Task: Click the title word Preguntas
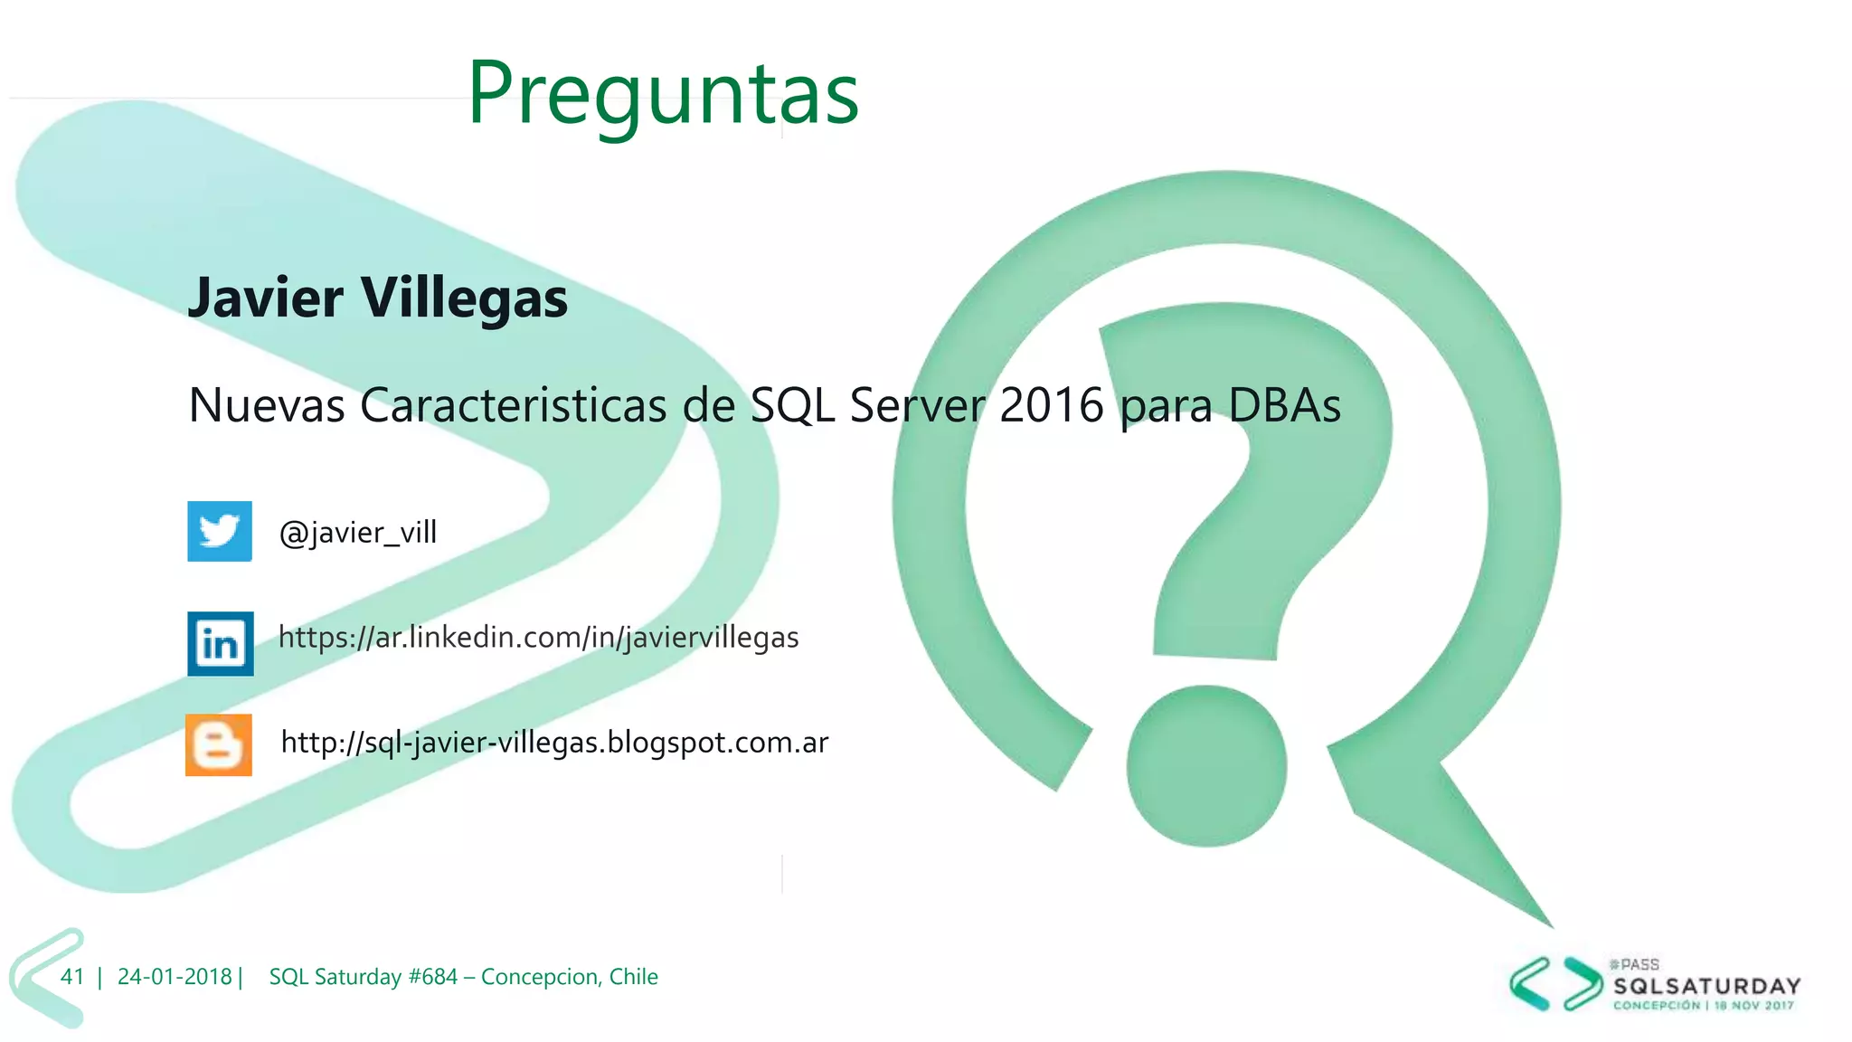click(x=663, y=93)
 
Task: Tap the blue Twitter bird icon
click(x=220, y=531)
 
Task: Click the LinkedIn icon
click(x=221, y=643)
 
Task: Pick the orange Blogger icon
click(x=219, y=745)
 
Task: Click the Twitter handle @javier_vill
click(x=358, y=532)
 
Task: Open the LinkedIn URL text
click(x=538, y=638)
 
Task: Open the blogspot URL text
click(x=554, y=743)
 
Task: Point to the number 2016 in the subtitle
click(x=1052, y=405)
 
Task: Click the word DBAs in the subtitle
click(x=1284, y=405)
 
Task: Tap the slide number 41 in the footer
click(x=72, y=977)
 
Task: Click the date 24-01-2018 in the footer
click(x=175, y=977)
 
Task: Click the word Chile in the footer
click(x=633, y=977)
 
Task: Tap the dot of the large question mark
click(x=1206, y=766)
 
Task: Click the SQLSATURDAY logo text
click(x=1706, y=986)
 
